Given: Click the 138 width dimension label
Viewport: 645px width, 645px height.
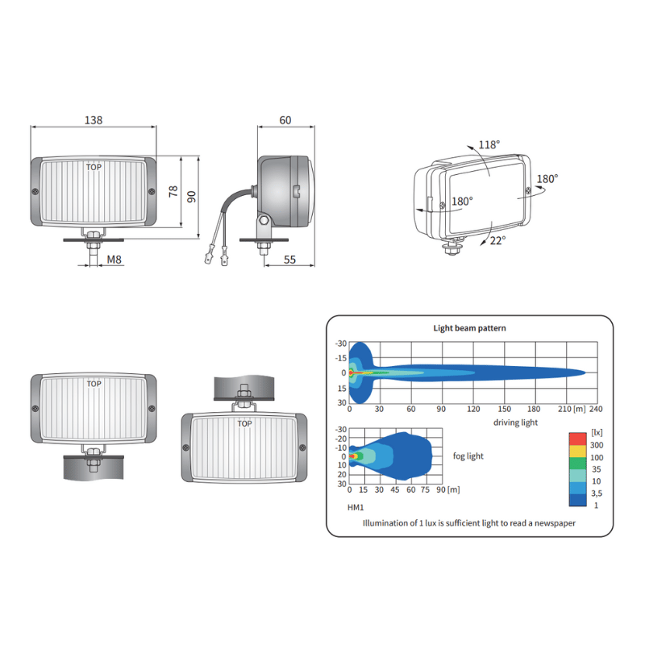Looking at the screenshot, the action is (x=94, y=120).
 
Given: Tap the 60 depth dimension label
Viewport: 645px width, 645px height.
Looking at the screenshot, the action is (x=285, y=120).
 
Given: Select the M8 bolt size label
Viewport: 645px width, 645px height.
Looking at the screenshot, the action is (x=114, y=260).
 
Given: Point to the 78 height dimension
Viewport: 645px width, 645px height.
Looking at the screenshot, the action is (x=173, y=191).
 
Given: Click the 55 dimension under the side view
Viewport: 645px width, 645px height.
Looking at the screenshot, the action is (x=289, y=260).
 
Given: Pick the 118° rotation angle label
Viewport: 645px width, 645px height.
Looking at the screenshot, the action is (x=489, y=145).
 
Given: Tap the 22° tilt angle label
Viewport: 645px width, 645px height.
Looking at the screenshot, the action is (x=497, y=240).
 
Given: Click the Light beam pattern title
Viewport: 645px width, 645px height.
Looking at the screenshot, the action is (x=469, y=328).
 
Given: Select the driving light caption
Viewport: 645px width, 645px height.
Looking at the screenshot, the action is (x=515, y=422).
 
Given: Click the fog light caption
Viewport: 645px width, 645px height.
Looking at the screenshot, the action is (x=468, y=456).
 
